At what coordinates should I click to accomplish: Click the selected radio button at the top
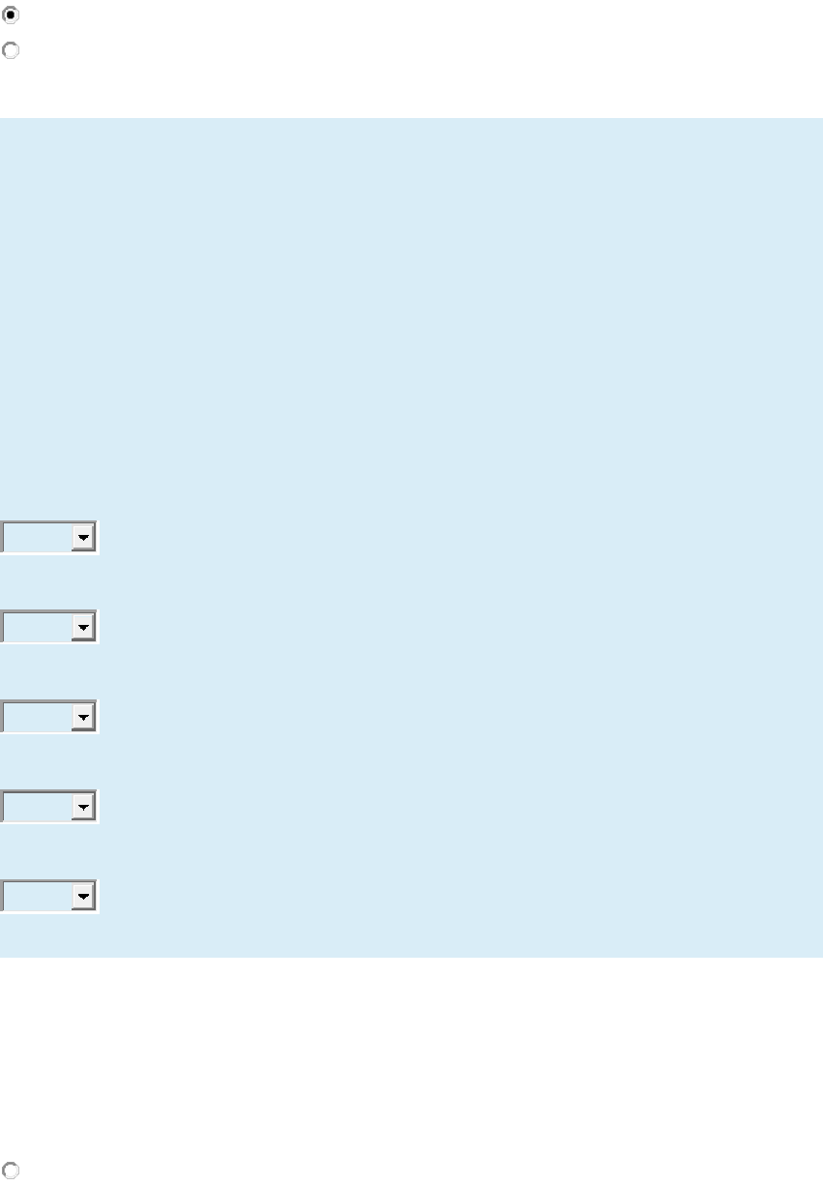click(11, 15)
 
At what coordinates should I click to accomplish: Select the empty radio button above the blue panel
click(11, 50)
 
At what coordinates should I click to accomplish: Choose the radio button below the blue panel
click(11, 1170)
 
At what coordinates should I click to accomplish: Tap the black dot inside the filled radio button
click(11, 15)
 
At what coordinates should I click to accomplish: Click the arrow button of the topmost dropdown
click(84, 538)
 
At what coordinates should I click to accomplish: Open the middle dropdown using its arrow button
click(84, 717)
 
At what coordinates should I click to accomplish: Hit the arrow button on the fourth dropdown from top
click(84, 806)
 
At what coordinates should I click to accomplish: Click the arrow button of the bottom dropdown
click(84, 897)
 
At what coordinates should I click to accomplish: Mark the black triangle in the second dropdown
click(84, 628)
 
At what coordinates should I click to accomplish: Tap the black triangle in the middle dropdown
click(84, 718)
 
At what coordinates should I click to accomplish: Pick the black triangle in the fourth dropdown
click(84, 807)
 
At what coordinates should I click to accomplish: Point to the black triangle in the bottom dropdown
click(84, 898)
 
